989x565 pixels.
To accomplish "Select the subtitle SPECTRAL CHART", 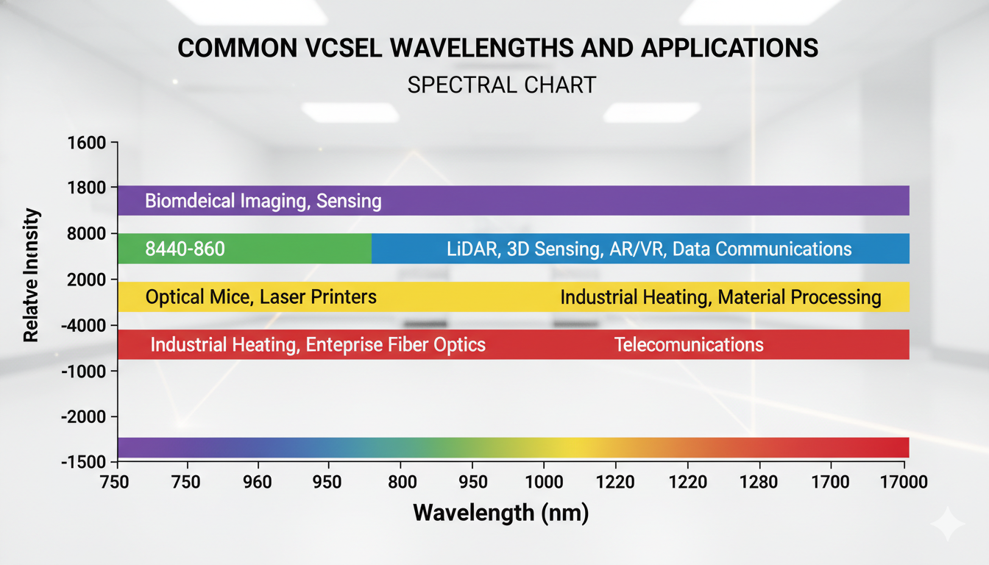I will (x=501, y=85).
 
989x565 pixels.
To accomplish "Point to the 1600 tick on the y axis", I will (x=87, y=143).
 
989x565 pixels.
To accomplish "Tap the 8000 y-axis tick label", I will (x=87, y=234).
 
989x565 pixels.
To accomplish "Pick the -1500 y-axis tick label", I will (x=84, y=462).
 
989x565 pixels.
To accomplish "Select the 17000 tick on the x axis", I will (x=901, y=482).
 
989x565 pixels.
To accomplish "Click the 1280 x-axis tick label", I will (x=759, y=482).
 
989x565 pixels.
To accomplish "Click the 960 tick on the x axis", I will (x=257, y=482).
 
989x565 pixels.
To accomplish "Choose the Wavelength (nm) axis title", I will (x=501, y=513).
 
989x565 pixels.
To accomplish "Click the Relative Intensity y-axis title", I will (x=31, y=276).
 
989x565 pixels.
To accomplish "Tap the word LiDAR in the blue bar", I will (x=472, y=249).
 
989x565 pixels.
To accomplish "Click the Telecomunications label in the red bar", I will (x=689, y=344).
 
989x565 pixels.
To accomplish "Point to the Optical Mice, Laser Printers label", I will (x=261, y=297).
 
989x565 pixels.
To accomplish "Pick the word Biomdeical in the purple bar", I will (x=189, y=201).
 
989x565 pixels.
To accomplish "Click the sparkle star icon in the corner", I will (x=948, y=524).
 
